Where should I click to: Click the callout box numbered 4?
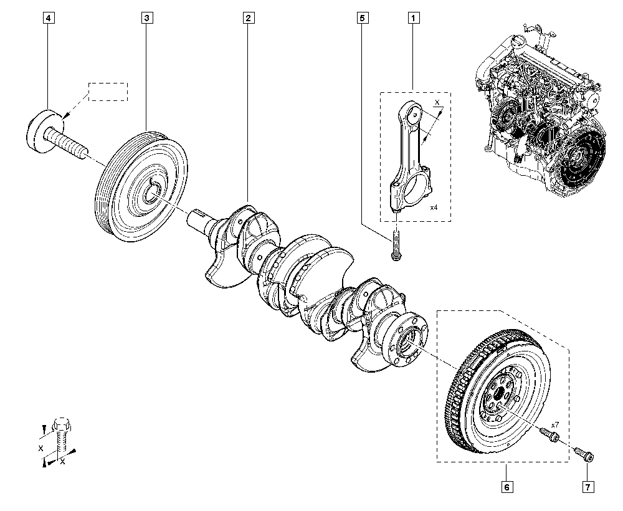pos(49,18)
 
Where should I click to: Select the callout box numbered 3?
pos(147,18)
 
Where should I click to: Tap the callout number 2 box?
pos(249,18)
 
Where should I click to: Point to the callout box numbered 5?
pos(362,18)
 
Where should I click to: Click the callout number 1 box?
pos(413,18)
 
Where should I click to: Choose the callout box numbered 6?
pos(506,487)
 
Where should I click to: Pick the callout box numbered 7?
pos(588,487)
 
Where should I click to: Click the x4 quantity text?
pos(434,208)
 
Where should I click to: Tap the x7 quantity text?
pos(556,425)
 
